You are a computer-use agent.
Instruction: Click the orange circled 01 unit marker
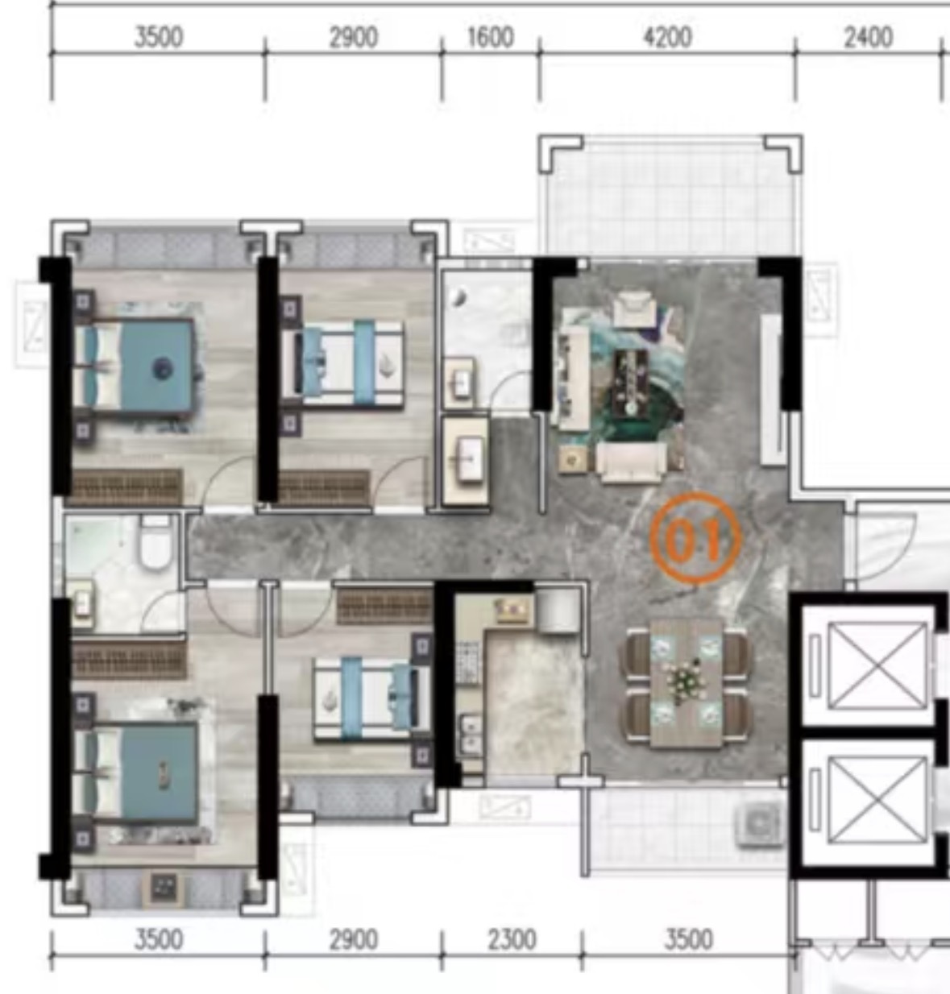pyautogui.click(x=695, y=537)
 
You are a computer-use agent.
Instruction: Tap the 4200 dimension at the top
pyautogui.click(x=667, y=37)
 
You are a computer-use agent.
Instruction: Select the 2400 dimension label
pyautogui.click(x=869, y=37)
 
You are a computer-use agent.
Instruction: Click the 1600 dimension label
pyautogui.click(x=491, y=37)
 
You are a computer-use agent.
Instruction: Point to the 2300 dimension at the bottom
pyautogui.click(x=512, y=939)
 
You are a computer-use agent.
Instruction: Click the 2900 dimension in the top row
pyautogui.click(x=354, y=37)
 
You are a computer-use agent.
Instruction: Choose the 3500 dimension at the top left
pyautogui.click(x=159, y=37)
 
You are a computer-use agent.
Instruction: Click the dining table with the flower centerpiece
pyautogui.click(x=687, y=682)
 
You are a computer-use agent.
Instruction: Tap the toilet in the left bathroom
pyautogui.click(x=155, y=542)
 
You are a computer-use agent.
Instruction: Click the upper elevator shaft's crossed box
pyautogui.click(x=877, y=665)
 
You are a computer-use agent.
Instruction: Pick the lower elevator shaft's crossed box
pyautogui.click(x=877, y=800)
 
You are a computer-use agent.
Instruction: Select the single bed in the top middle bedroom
pyautogui.click(x=342, y=363)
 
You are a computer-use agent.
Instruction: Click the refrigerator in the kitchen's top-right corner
pyautogui.click(x=557, y=611)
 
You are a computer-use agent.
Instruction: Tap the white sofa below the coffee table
pyautogui.click(x=631, y=462)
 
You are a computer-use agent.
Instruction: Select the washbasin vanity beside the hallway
pyautogui.click(x=465, y=462)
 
